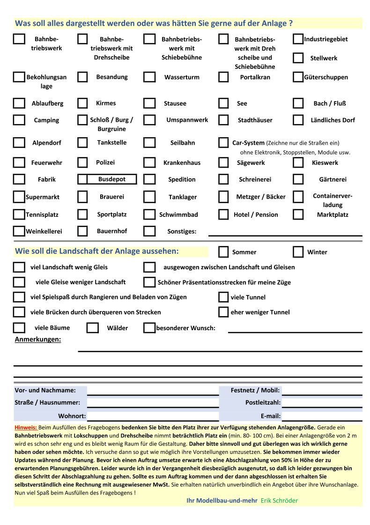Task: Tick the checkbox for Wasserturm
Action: (149, 77)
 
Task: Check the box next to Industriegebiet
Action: (298, 39)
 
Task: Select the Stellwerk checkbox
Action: (298, 58)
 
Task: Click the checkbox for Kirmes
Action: (82, 103)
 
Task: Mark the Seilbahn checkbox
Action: (149, 142)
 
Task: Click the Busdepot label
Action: (112, 179)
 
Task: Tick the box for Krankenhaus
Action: (149, 163)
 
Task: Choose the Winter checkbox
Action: (298, 252)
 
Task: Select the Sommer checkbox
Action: (223, 252)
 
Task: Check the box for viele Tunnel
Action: (223, 297)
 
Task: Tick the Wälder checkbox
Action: (93, 328)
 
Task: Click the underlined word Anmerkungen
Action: (38, 339)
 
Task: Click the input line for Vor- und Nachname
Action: (153, 390)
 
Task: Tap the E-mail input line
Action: (322, 416)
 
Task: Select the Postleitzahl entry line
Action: (322, 402)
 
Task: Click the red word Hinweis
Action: (26, 428)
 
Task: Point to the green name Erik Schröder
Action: (279, 500)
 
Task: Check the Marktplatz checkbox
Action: (298, 214)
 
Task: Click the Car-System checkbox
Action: (223, 142)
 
